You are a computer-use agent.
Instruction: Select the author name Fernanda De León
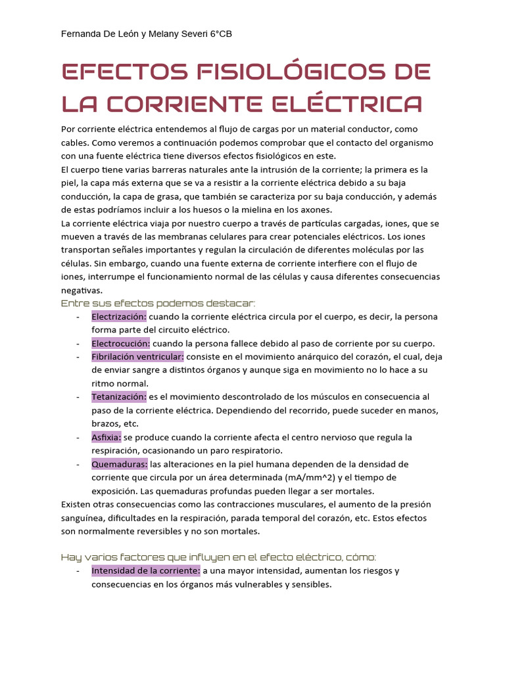[x=96, y=34]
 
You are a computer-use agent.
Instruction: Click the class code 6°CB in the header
[x=219, y=34]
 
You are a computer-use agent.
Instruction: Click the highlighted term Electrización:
[x=119, y=316]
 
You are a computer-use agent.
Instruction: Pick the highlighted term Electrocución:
[x=120, y=343]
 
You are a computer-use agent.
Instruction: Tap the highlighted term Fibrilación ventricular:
[x=137, y=356]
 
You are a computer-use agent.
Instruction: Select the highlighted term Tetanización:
[x=118, y=397]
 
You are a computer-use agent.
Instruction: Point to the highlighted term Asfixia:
[x=106, y=437]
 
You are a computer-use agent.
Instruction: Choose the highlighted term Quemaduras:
[x=119, y=464]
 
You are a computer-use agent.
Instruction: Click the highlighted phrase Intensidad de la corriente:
[x=145, y=570]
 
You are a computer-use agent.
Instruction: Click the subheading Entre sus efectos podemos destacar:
[x=158, y=303]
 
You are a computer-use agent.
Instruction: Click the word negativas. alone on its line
[x=82, y=290]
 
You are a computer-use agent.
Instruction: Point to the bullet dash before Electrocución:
[x=78, y=343]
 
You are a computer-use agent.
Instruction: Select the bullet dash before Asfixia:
[x=78, y=437]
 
